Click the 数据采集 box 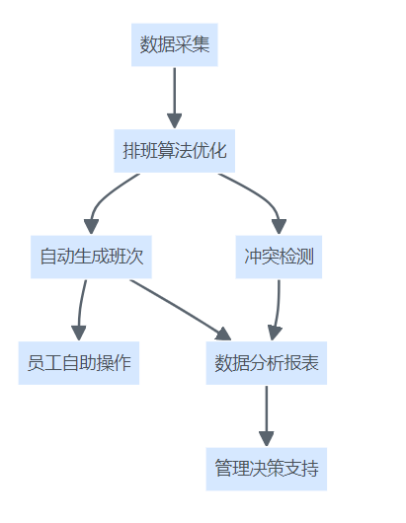174,44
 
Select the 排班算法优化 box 174,151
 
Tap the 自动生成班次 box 91,257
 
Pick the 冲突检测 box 279,257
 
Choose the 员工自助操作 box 79,363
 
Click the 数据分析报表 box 267,363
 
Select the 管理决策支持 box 267,469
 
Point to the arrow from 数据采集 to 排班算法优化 174,98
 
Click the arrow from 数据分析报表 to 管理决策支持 267,415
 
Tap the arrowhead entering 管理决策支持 267,439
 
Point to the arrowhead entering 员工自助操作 79,333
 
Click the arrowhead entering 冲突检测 280,227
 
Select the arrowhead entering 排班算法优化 174,121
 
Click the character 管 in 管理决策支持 223,468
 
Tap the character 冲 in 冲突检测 253,257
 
